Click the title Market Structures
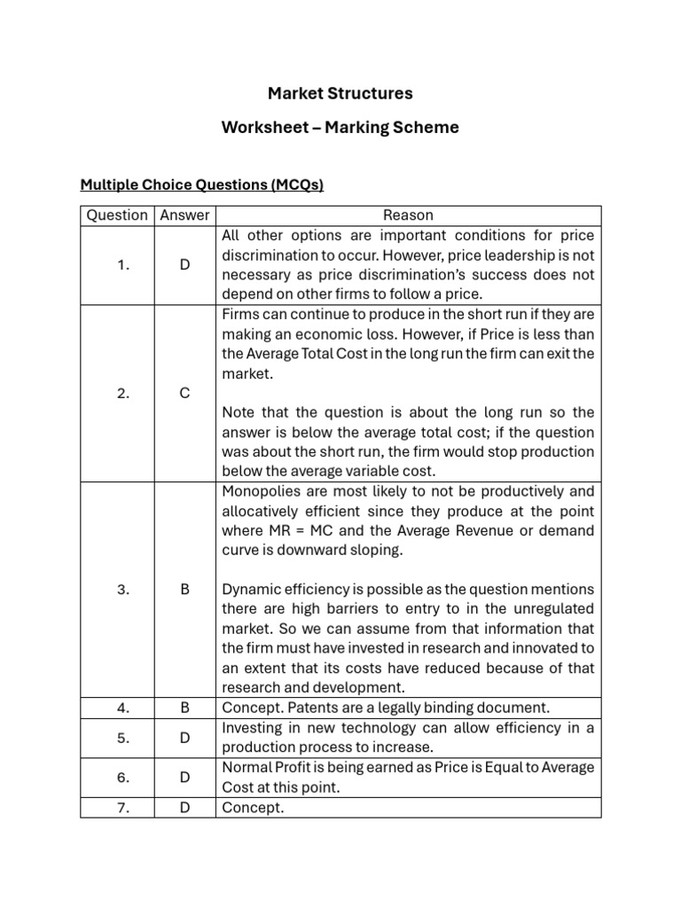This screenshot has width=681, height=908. coord(340,93)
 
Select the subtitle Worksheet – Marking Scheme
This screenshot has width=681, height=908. coord(340,128)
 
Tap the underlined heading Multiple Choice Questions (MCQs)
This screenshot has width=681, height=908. coord(202,185)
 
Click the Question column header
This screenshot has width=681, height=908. coord(117,215)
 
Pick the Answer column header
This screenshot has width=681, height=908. coord(184,215)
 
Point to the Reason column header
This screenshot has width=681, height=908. coord(408,215)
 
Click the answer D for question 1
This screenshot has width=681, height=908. coord(184,265)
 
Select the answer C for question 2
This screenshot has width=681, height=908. coord(184,394)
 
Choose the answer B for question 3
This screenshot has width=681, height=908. coord(184,589)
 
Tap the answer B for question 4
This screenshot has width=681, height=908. coord(184,708)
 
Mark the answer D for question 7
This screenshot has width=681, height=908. coord(184,807)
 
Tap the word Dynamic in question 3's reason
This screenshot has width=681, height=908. coord(249,590)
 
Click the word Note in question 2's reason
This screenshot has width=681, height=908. coord(238,413)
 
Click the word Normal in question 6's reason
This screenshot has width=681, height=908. coord(247,768)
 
